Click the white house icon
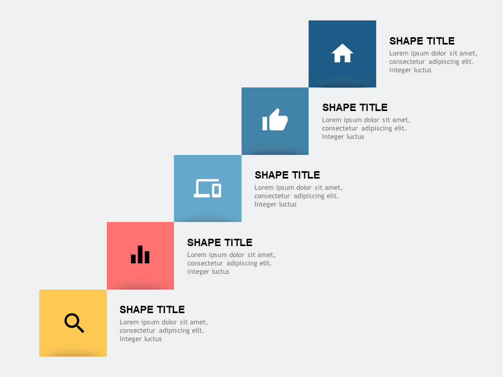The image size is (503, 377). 342,53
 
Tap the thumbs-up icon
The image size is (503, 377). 275,120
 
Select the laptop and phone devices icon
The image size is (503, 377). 207,188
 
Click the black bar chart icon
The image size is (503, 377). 140,254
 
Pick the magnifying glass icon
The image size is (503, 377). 74,323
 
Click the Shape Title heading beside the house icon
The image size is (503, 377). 422,41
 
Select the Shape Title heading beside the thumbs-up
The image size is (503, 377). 355,107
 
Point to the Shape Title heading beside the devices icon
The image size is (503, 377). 287,175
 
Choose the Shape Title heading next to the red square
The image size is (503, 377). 220,242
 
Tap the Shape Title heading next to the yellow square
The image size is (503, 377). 152,309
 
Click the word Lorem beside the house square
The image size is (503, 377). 399,53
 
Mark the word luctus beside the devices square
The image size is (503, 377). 287,204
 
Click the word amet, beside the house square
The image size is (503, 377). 467,53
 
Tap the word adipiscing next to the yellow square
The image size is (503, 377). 174,330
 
